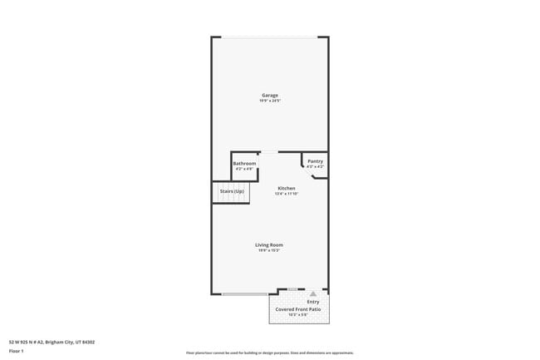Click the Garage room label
pos(270,96)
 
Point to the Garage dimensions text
pos(270,101)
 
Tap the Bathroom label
pos(244,163)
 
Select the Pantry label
pos(315,161)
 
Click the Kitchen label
pos(287,189)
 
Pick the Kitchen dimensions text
pos(287,195)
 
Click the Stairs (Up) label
pos(232,192)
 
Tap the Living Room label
pos(269,244)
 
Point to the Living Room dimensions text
pos(269,250)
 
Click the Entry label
pos(313,302)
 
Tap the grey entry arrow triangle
pos(313,294)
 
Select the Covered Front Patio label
pos(298,308)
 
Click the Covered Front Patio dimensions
pos(298,314)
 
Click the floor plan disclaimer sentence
pos(270,353)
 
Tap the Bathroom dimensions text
pos(244,169)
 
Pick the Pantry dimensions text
pos(315,167)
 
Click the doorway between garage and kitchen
pos(269,152)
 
